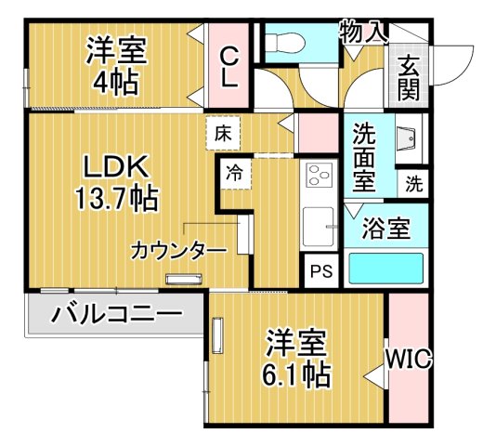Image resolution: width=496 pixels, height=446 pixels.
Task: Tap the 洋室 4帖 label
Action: (x=117, y=65)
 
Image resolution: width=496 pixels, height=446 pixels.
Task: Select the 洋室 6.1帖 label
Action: (x=297, y=358)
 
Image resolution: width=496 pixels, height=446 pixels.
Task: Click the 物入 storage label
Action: (x=363, y=33)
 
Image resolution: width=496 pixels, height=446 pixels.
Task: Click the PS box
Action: (x=321, y=272)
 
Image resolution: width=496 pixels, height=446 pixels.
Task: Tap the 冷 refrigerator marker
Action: (x=236, y=172)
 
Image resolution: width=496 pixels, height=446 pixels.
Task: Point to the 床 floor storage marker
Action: (x=222, y=132)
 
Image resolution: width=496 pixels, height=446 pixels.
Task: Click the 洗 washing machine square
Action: (x=413, y=183)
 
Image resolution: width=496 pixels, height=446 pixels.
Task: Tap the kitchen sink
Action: (x=321, y=226)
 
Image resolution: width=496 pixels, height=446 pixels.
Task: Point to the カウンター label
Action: (x=178, y=250)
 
